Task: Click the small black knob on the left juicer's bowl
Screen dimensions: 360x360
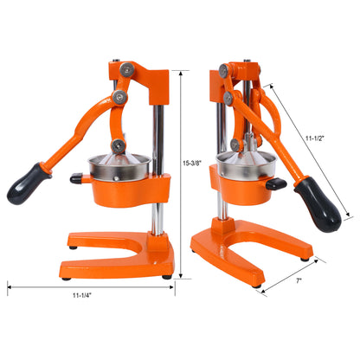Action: pyautogui.click(x=76, y=179)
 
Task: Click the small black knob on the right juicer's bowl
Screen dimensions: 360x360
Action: pyautogui.click(x=276, y=183)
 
